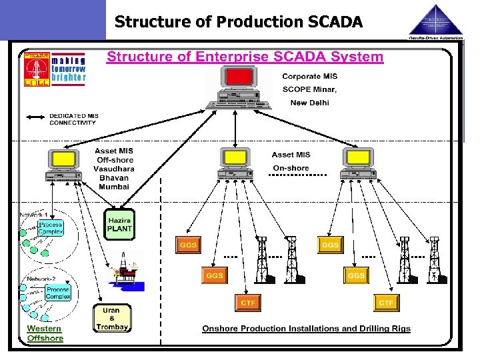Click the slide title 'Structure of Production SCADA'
(x=239, y=21)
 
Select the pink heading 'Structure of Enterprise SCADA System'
(x=245, y=57)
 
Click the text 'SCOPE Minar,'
(x=310, y=89)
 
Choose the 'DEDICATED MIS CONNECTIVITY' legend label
(x=73, y=119)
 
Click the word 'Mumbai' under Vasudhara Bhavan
(x=113, y=187)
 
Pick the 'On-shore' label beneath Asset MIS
(x=291, y=168)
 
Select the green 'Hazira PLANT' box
(x=119, y=225)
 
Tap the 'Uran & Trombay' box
(x=111, y=319)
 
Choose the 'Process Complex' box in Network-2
(x=58, y=292)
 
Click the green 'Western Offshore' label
(x=45, y=333)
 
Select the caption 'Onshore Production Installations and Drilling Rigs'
(x=306, y=329)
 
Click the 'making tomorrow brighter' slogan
(x=69, y=68)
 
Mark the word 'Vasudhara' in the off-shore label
(x=114, y=169)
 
